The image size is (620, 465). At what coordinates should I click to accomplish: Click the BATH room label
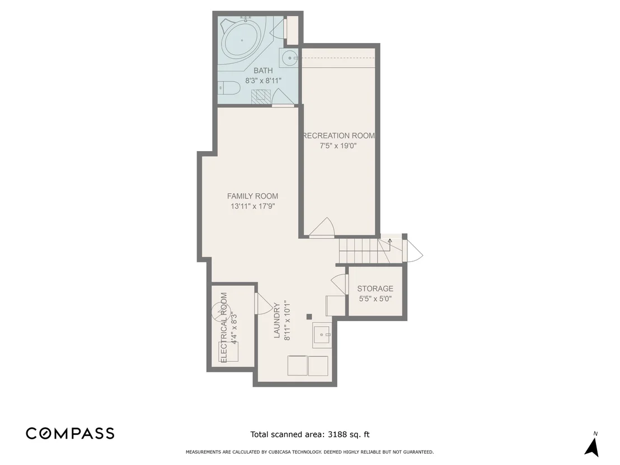pyautogui.click(x=263, y=71)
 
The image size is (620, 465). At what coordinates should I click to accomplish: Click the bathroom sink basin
pyautogui.click(x=290, y=58)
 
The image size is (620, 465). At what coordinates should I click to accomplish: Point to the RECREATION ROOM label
pyautogui.click(x=339, y=135)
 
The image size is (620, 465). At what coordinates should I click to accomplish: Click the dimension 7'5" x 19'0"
pyautogui.click(x=338, y=146)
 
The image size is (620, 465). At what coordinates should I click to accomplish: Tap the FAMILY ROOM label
pyautogui.click(x=252, y=196)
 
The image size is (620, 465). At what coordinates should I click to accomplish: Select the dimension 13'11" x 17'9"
pyautogui.click(x=253, y=206)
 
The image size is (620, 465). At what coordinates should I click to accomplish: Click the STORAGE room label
pyautogui.click(x=375, y=289)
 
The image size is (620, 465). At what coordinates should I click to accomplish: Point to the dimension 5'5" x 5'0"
pyautogui.click(x=375, y=299)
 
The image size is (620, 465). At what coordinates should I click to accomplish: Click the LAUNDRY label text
pyautogui.click(x=277, y=321)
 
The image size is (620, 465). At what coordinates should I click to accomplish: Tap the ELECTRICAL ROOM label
pyautogui.click(x=224, y=328)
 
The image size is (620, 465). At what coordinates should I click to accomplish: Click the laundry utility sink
pyautogui.click(x=322, y=335)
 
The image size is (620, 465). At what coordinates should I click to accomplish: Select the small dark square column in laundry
pyautogui.click(x=309, y=316)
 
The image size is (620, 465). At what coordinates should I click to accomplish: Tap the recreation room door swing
pyautogui.click(x=322, y=227)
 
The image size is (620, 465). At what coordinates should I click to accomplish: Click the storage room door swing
pyautogui.click(x=339, y=284)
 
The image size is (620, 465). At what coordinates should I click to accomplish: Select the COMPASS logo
pyautogui.click(x=71, y=433)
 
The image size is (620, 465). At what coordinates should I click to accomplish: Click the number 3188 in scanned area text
pyautogui.click(x=338, y=435)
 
